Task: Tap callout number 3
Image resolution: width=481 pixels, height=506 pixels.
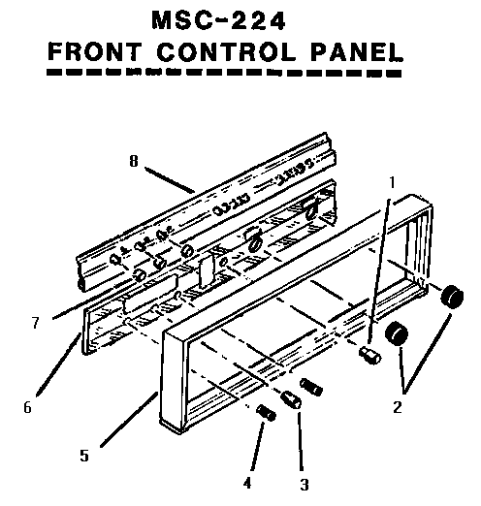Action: (x=304, y=484)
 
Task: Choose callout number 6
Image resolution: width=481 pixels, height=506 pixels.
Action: (x=28, y=407)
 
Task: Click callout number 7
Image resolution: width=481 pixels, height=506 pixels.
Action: (x=35, y=322)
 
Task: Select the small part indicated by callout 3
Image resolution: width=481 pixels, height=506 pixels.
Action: (x=292, y=399)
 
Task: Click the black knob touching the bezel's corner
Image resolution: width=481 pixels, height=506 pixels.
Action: (x=451, y=298)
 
